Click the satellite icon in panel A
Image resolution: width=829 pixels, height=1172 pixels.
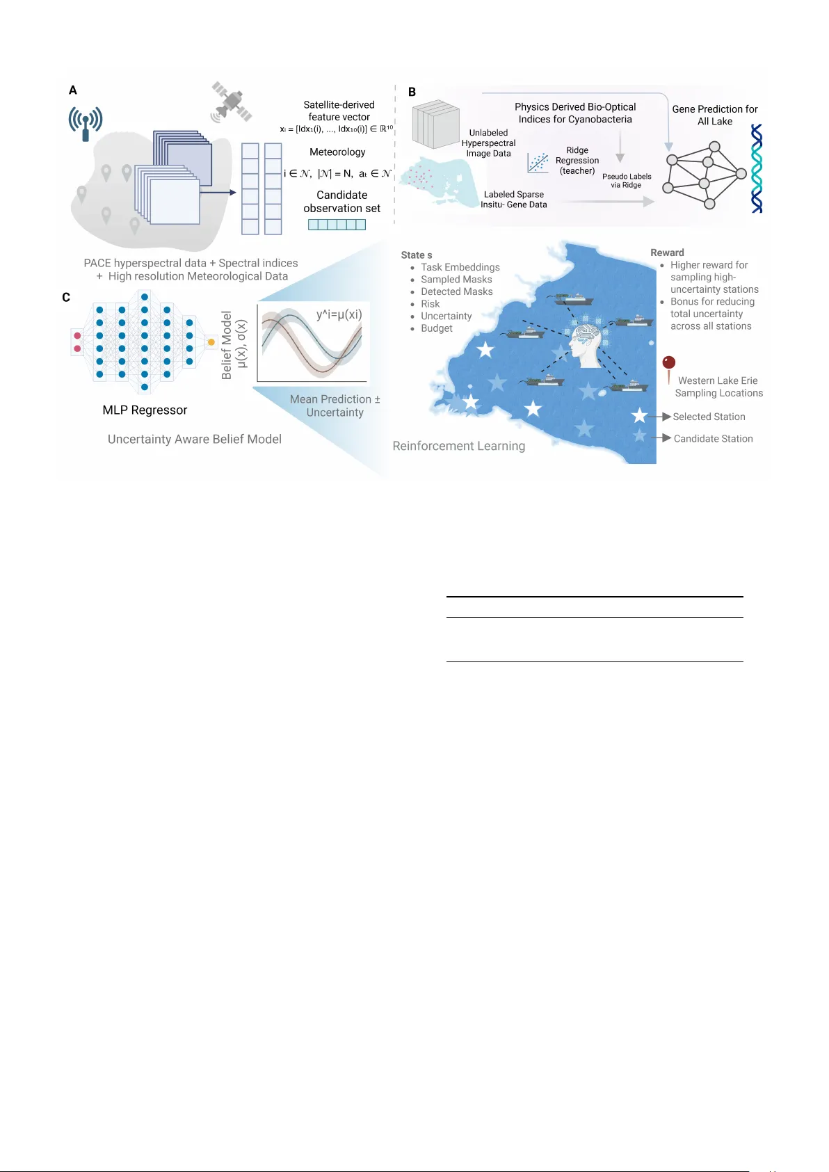(232, 102)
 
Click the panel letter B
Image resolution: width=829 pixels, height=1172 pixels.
(412, 92)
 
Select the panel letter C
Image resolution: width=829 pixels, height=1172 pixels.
(66, 297)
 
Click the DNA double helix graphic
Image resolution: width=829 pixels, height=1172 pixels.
(757, 168)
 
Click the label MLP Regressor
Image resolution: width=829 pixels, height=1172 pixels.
(145, 410)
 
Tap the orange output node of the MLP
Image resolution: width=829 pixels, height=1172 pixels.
(211, 342)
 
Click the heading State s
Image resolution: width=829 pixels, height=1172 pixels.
(417, 255)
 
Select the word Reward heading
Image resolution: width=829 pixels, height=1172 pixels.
(667, 252)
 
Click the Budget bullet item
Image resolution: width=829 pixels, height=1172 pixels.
(437, 328)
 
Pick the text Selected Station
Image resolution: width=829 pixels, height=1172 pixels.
(709, 417)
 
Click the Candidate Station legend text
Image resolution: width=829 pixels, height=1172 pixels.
(713, 439)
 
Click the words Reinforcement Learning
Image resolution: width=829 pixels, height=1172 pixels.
(458, 446)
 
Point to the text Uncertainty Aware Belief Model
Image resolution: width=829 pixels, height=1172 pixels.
(195, 439)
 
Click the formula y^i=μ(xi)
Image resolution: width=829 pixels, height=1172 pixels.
(339, 314)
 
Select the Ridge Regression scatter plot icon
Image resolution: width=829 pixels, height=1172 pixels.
(538, 163)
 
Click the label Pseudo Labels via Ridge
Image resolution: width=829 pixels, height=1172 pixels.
(627, 181)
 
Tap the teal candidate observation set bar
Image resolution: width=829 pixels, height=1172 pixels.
(337, 225)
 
